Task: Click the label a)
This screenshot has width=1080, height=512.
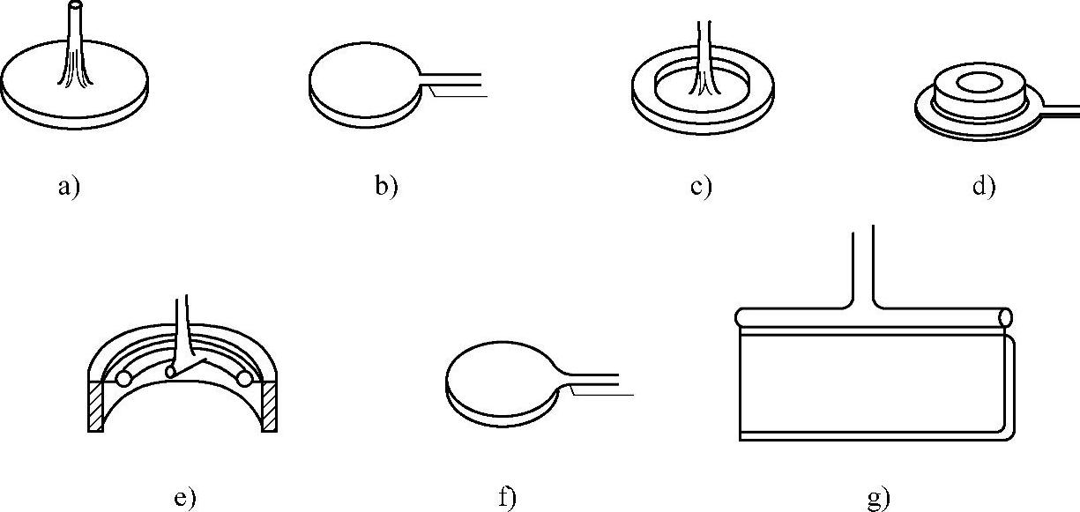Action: (68, 188)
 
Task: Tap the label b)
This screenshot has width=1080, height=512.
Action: (386, 188)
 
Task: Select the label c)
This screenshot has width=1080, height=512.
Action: (701, 188)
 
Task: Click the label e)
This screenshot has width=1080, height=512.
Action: (183, 499)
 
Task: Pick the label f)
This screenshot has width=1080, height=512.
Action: (506, 499)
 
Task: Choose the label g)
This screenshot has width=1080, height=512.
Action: (880, 499)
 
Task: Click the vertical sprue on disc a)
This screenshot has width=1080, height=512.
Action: (76, 44)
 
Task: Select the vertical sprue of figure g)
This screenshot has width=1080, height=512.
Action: (862, 264)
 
